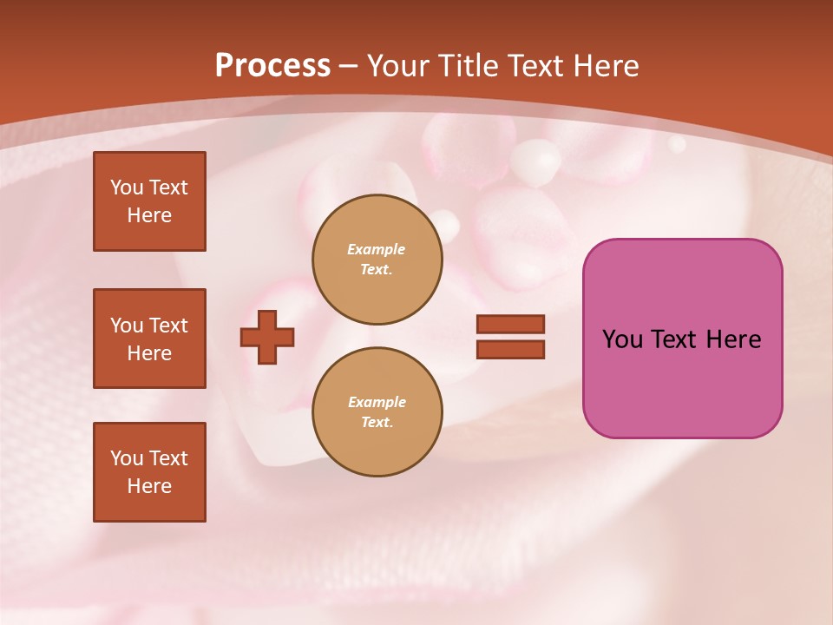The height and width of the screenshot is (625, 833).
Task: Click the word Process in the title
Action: point(272,66)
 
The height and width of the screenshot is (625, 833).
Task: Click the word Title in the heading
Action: point(470,66)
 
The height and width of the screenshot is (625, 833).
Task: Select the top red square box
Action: point(149,201)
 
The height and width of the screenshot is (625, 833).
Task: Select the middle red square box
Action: point(149,339)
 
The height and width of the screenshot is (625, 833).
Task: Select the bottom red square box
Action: point(149,472)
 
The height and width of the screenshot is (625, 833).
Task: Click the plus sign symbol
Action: point(267,337)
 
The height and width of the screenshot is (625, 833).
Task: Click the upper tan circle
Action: point(377,260)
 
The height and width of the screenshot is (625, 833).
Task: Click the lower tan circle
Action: point(377,412)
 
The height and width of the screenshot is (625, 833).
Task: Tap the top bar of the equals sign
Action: point(510,324)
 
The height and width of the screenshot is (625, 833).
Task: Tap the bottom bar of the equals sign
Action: point(510,349)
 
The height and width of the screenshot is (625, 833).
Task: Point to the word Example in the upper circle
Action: point(376,249)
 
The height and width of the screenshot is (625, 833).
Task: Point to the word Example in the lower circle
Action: point(377,402)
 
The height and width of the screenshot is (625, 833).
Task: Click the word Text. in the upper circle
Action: point(376,270)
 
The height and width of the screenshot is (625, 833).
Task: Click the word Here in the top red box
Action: point(149,215)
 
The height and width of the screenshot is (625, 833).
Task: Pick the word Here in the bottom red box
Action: point(149,486)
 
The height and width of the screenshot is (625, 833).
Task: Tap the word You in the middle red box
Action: point(127,326)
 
